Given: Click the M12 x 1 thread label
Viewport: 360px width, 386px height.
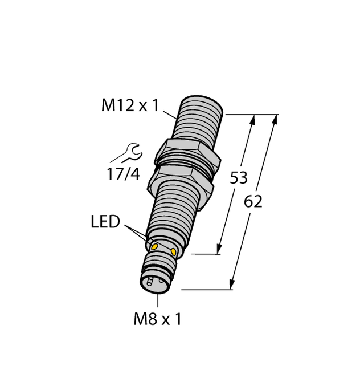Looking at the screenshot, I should [129, 106].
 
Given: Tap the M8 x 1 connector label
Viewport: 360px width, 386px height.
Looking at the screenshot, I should [157, 319].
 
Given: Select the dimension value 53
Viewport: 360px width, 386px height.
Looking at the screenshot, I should [238, 178].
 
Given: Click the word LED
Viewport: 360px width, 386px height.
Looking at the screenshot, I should [105, 222].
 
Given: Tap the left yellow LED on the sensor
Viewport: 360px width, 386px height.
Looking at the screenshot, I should [153, 245].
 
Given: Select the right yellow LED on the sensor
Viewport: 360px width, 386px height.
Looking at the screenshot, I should [174, 251].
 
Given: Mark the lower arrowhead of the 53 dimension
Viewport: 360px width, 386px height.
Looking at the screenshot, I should [219, 249].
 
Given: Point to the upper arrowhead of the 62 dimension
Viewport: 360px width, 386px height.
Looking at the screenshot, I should [276, 119].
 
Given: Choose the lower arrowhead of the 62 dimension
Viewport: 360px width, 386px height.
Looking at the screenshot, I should [232, 285].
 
